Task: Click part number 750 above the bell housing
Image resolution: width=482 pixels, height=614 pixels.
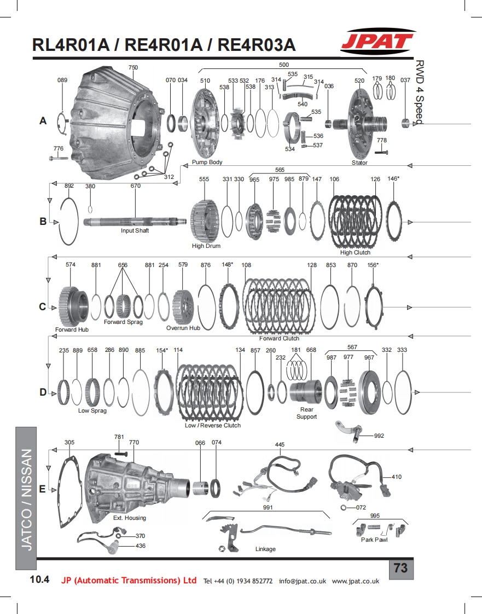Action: point(133,68)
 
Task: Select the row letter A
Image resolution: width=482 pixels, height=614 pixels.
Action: point(43,121)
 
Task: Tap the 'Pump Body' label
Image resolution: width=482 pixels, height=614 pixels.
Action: point(207,163)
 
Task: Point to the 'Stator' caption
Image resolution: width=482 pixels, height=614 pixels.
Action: point(359,163)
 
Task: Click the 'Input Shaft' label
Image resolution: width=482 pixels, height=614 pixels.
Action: point(135,230)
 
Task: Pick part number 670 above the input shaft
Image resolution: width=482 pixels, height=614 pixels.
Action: point(135,186)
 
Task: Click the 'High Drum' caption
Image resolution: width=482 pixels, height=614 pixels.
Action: point(206,246)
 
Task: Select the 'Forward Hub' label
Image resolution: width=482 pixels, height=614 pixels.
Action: point(72,329)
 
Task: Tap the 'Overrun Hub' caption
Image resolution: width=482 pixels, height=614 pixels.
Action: point(183,328)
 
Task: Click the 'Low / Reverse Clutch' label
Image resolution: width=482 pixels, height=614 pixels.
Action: point(212,425)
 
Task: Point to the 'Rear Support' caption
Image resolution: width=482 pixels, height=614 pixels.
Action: point(306,413)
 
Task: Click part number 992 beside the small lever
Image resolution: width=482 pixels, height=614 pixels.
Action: point(379,436)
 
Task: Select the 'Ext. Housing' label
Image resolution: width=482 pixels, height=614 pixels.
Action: point(130,518)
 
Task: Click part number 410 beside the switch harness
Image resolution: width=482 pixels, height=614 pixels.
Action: point(396,477)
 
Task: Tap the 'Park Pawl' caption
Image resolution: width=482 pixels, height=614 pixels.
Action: point(374,540)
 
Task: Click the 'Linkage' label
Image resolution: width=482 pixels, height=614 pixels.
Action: point(265,549)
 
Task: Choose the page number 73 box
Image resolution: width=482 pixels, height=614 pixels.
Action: point(400,568)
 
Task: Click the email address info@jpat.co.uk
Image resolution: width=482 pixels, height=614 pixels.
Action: point(303,581)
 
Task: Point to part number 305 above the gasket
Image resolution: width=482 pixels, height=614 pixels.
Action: point(69,442)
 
